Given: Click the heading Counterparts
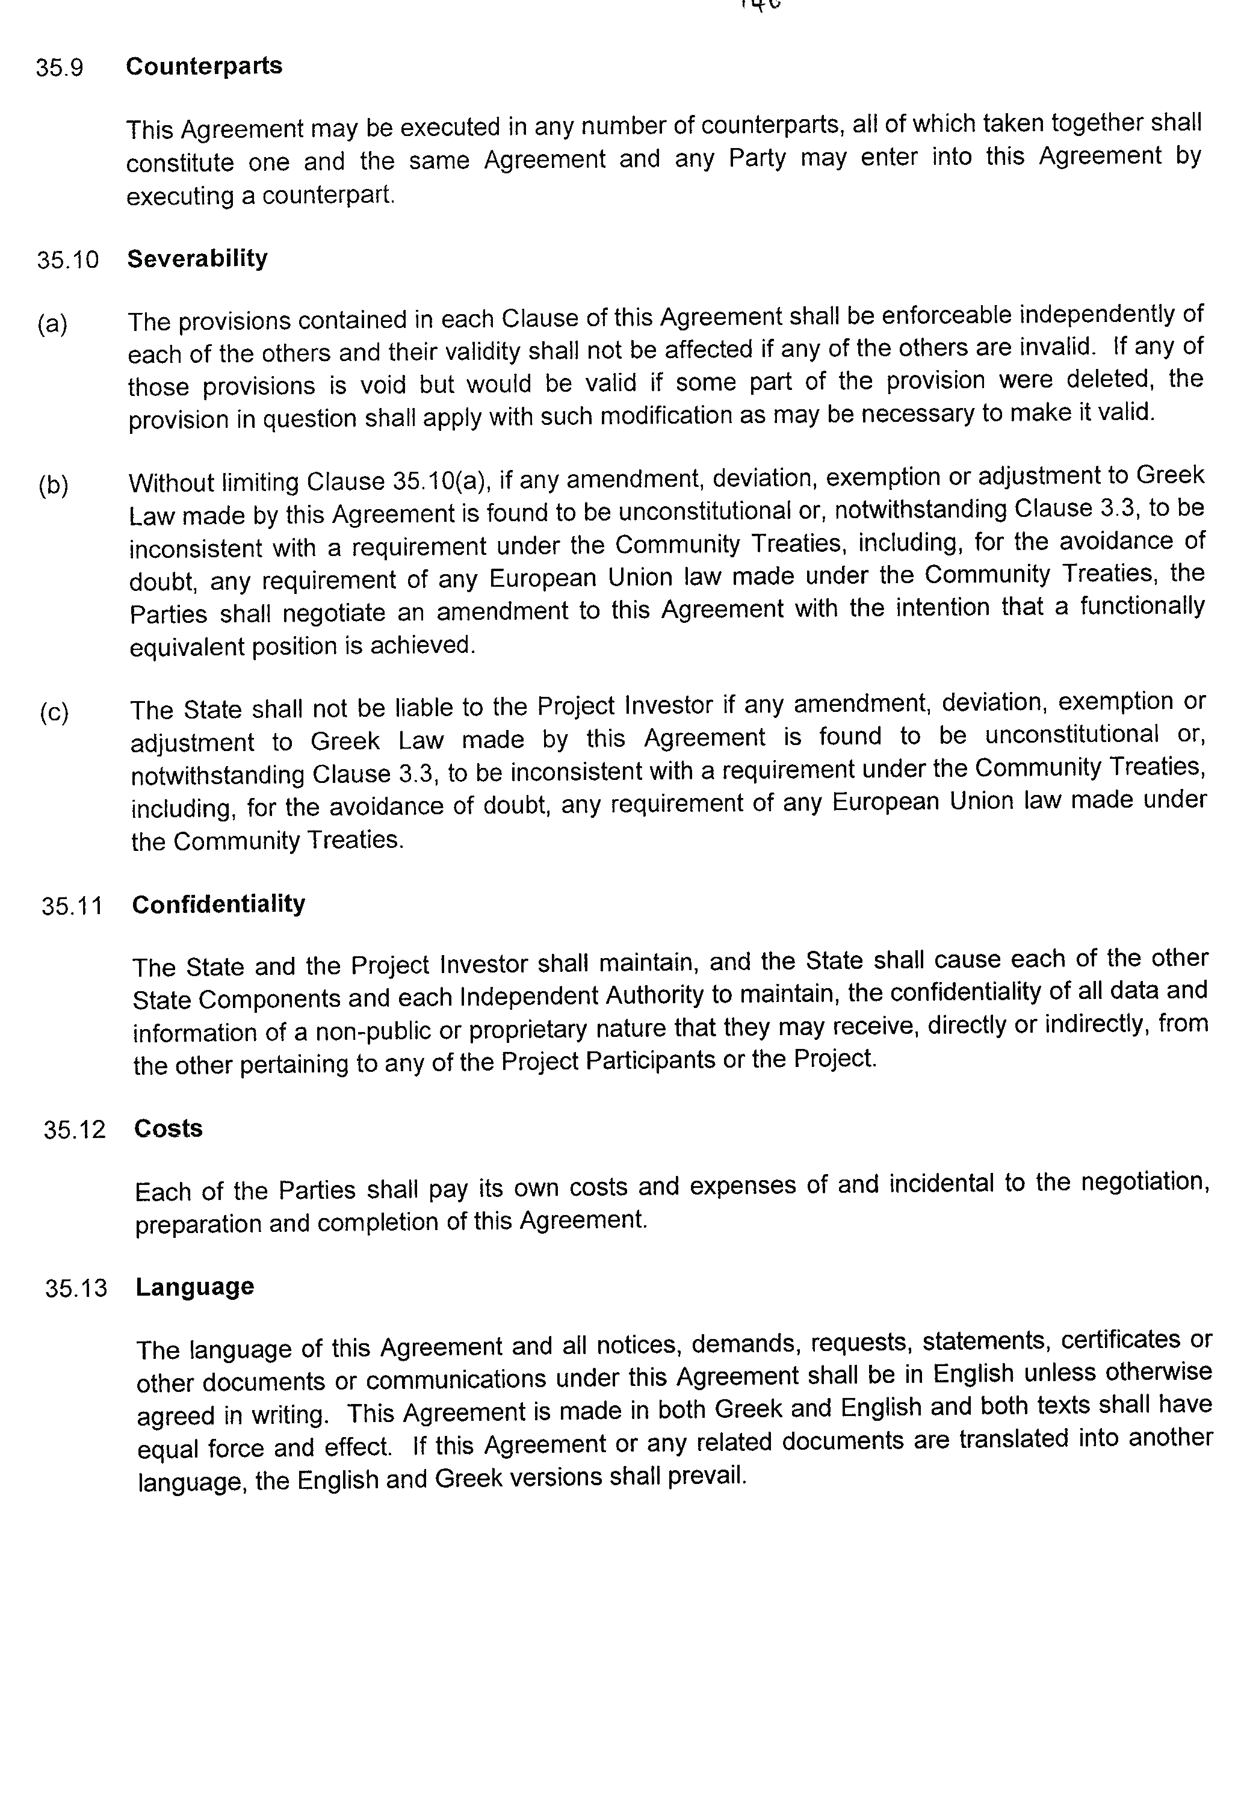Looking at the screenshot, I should tap(204, 66).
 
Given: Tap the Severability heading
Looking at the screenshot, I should tap(197, 258).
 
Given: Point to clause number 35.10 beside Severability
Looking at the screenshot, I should tap(68, 260).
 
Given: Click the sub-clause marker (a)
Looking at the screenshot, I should tap(52, 324).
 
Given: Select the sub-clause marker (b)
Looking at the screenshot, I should tap(54, 486).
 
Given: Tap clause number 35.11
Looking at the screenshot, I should tap(72, 907).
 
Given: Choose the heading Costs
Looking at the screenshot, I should tap(168, 1129).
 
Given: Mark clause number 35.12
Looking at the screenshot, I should tap(75, 1130).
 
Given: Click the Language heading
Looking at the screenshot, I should tap(194, 1287).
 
